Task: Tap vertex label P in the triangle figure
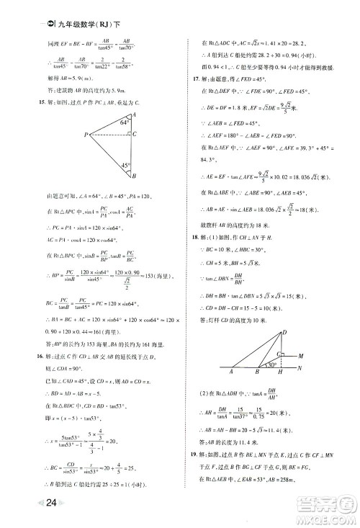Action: (x=86, y=135)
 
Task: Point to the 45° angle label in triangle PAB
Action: (x=125, y=165)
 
